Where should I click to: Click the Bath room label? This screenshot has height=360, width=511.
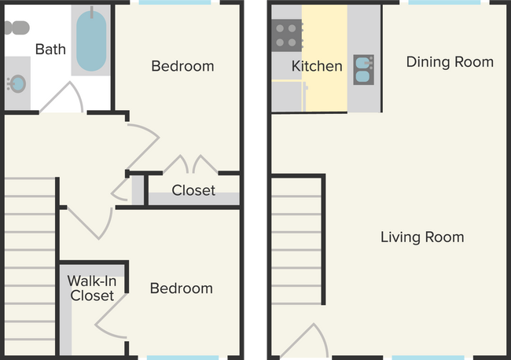[x=50, y=49]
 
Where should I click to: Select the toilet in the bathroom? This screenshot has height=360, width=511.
[x=15, y=28]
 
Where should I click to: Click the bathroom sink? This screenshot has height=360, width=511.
[x=17, y=83]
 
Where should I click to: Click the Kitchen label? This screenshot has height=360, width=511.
[x=317, y=66]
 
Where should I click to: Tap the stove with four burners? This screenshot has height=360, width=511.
[x=287, y=35]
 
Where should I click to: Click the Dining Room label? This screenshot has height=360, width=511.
[x=450, y=61]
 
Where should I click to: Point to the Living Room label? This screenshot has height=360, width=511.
[x=422, y=237]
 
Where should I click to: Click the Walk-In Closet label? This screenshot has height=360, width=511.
[x=91, y=288]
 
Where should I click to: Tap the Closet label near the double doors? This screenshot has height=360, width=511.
[x=193, y=190]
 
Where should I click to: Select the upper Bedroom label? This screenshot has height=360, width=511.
[x=182, y=66]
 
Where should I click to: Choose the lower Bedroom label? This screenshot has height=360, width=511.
[x=181, y=288]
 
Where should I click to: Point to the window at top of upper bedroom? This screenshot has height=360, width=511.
[x=175, y=3]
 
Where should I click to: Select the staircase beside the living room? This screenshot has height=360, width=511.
[x=296, y=240]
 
